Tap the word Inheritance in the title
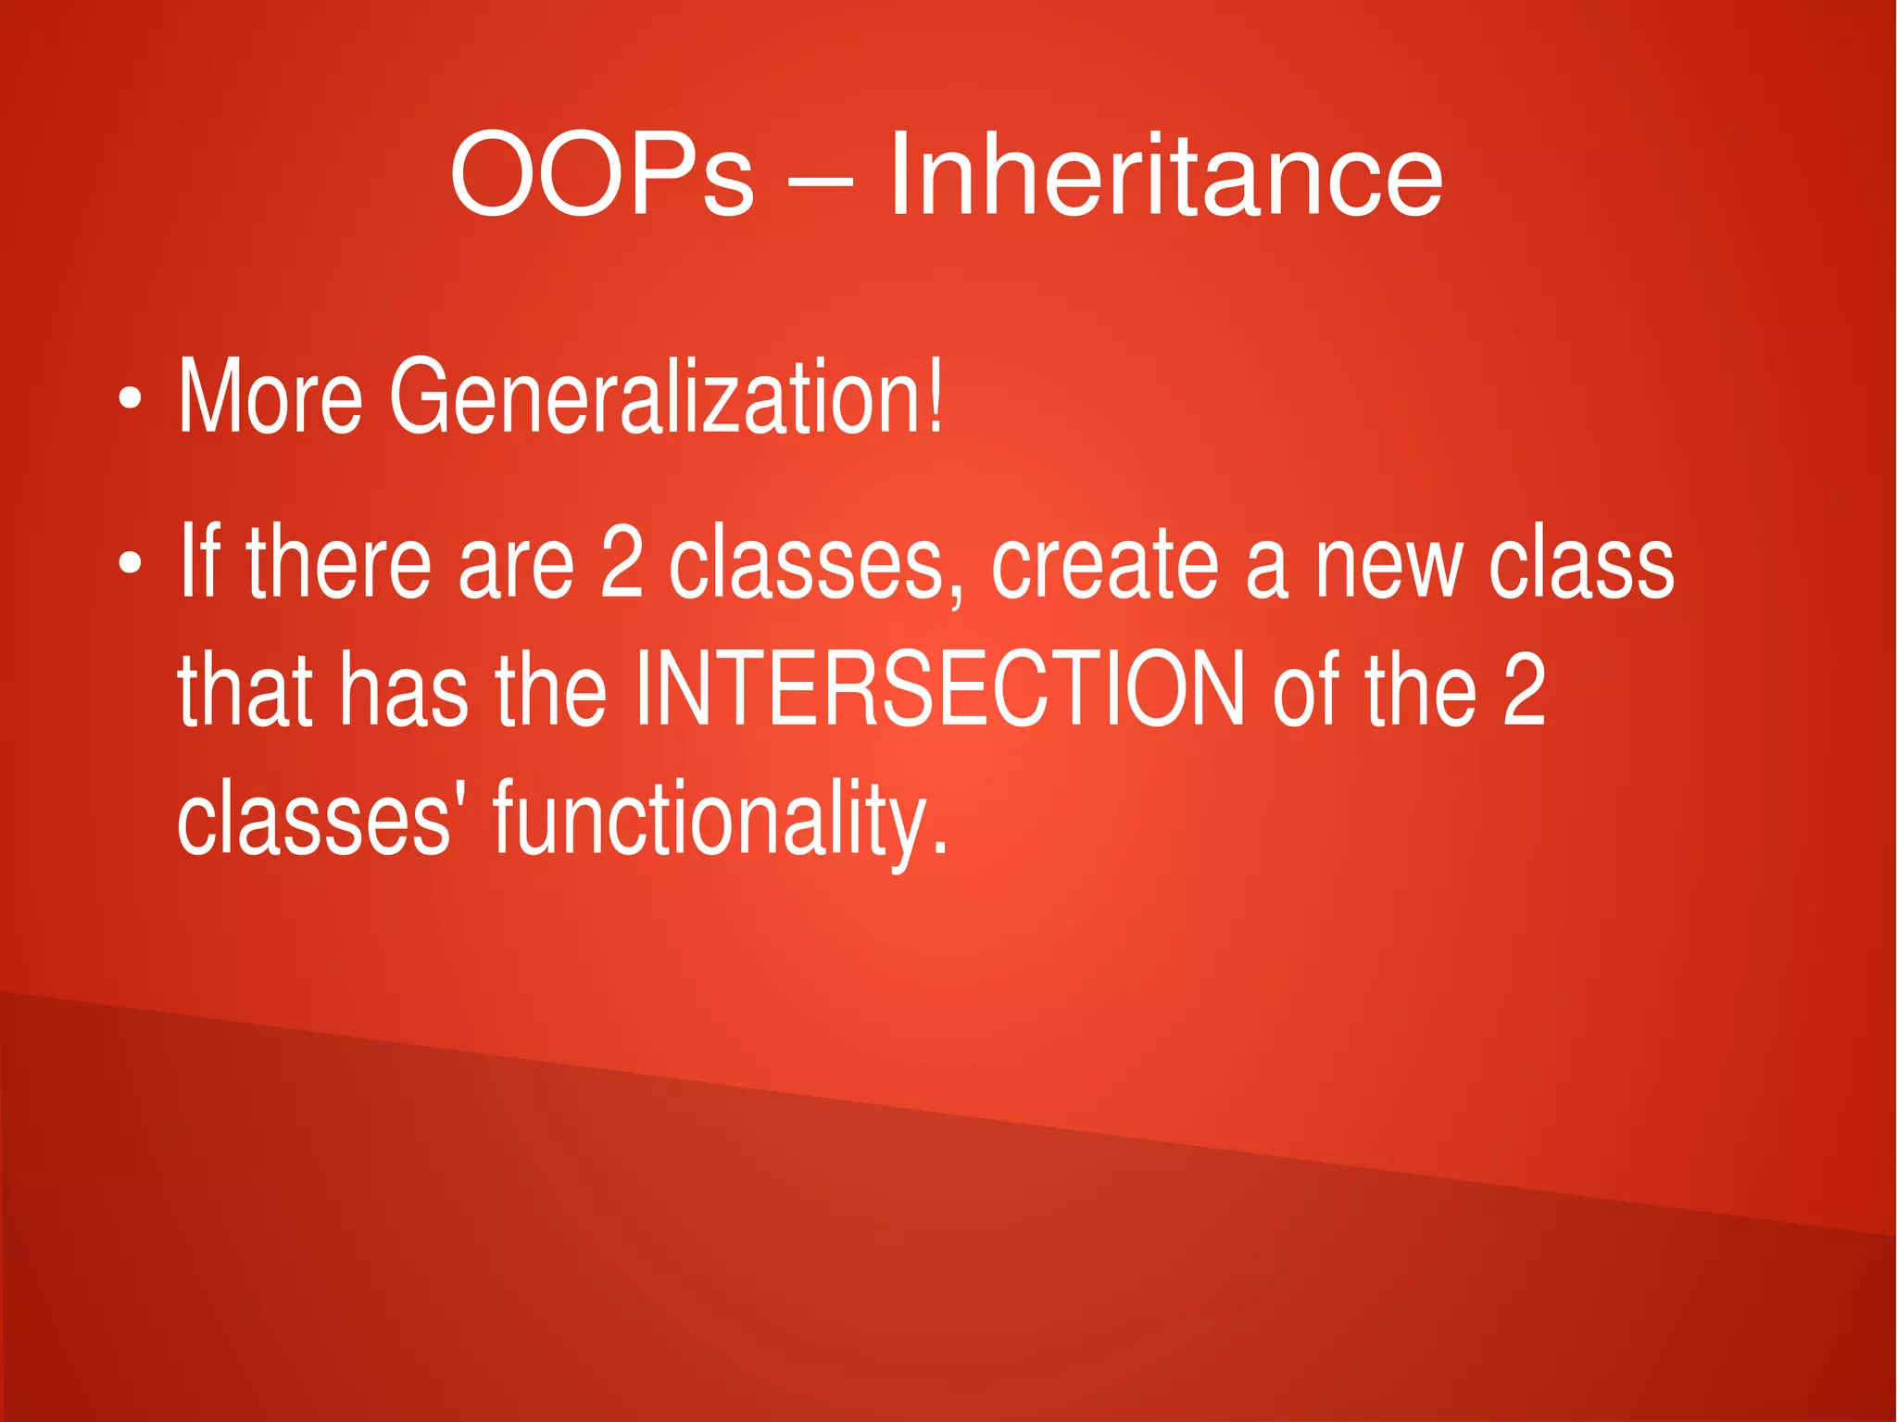pyautogui.click(x=1165, y=174)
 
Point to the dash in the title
pyautogui.click(x=821, y=181)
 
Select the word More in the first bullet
pyautogui.click(x=270, y=398)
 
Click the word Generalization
pyautogui.click(x=652, y=398)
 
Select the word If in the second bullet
pyautogui.click(x=198, y=561)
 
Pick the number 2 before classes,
pyautogui.click(x=621, y=561)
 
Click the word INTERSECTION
pyautogui.click(x=938, y=690)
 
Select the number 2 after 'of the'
pyautogui.click(x=1524, y=690)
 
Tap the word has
pyautogui.click(x=402, y=690)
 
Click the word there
pyautogui.click(x=338, y=561)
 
